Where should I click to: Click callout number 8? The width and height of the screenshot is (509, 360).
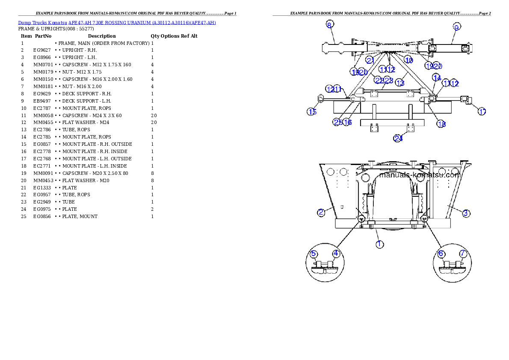click(x=329, y=24)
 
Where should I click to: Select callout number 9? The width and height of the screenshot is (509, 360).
click(x=456, y=27)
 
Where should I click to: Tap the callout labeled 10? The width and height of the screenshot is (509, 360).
click(x=409, y=60)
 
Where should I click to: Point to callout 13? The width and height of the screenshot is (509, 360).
click(x=400, y=82)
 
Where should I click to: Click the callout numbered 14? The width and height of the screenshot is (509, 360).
click(x=437, y=77)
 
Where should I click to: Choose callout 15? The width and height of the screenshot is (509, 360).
click(x=312, y=112)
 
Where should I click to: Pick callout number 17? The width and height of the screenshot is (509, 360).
click(x=482, y=112)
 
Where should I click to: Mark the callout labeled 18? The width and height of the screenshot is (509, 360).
click(x=441, y=124)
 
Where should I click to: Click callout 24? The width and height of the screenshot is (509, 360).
click(x=399, y=138)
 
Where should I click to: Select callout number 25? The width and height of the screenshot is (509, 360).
click(x=337, y=122)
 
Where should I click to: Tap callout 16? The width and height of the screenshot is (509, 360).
click(x=347, y=122)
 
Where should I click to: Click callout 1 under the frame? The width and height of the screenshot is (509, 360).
click(x=379, y=244)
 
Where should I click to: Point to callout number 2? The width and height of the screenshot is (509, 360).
click(x=321, y=212)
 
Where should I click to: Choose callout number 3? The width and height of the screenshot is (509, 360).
click(x=466, y=212)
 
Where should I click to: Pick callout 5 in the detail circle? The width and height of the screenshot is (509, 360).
click(x=314, y=254)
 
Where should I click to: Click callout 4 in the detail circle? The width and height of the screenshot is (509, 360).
click(x=336, y=254)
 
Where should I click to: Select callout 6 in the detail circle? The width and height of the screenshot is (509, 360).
click(x=441, y=254)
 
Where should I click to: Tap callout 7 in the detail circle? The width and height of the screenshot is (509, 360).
click(x=463, y=254)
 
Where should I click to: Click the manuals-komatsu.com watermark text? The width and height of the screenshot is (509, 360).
click(x=420, y=175)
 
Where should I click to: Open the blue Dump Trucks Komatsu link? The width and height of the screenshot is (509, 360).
click(x=117, y=23)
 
